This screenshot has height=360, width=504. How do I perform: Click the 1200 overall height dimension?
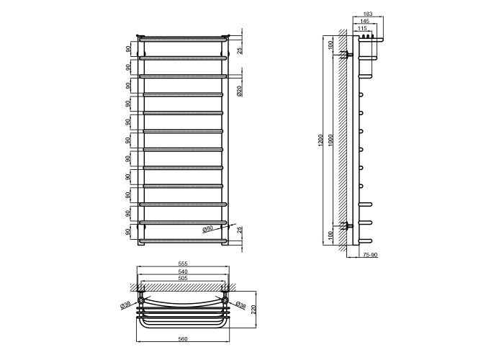click(320, 140)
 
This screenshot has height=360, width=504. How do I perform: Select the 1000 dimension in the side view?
click(331, 140)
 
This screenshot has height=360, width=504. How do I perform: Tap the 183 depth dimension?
click(367, 14)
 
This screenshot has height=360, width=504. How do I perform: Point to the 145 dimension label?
click(364, 21)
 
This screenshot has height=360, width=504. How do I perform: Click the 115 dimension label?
click(362, 28)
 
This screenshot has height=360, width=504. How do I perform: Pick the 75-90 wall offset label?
click(370, 255)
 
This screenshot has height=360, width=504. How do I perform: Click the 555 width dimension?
click(183, 264)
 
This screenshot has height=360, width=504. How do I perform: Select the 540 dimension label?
click(183, 271)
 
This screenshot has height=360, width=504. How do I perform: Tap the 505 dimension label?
click(183, 278)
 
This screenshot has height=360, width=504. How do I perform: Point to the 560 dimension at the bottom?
click(183, 339)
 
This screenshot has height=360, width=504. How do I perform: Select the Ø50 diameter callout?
click(207, 229)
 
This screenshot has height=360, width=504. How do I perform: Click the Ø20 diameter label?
click(239, 91)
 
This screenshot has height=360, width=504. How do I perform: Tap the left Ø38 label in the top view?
click(125, 305)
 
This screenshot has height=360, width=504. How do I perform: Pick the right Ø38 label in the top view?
click(240, 305)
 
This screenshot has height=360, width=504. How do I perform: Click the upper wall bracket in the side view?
click(348, 55)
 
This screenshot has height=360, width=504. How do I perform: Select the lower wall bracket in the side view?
click(348, 225)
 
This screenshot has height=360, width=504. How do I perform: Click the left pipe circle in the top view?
click(141, 300)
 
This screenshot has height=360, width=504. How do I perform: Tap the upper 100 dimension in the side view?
click(331, 45)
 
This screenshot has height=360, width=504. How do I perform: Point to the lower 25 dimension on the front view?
click(239, 230)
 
